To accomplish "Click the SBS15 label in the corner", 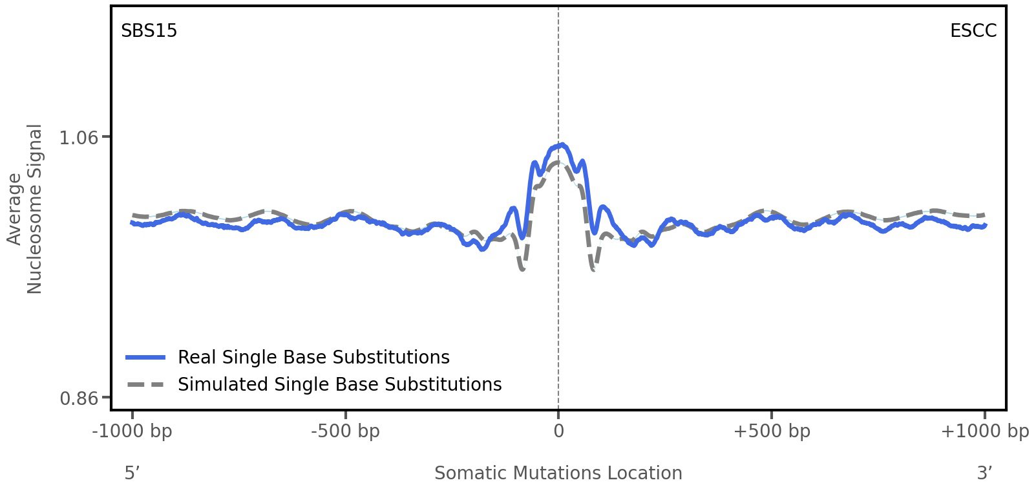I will [149, 31].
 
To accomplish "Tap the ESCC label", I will [973, 31].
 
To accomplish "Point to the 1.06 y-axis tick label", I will [78, 138].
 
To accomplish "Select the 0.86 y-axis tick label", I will [78, 398].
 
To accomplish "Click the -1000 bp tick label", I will [132, 431].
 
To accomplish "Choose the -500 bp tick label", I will [345, 431].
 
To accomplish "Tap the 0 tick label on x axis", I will [558, 431].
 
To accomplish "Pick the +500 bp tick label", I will [772, 431].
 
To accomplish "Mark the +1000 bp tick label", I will [984, 431].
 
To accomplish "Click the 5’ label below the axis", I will [132, 473].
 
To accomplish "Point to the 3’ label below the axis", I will [984, 473].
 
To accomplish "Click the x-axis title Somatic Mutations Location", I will [558, 473].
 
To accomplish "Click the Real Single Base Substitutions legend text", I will [313, 358].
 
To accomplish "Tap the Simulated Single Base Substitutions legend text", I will [339, 385].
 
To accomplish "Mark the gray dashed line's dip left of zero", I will [522, 269].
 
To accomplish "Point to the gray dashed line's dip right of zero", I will [593, 269].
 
